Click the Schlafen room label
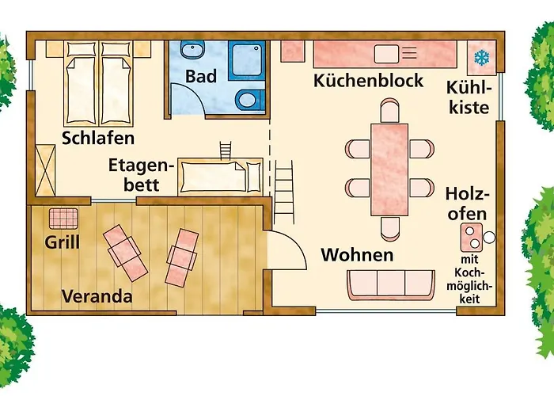coord(98,138)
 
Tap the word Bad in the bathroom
coord(201,77)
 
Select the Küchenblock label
coord(368,81)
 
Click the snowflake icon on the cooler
coord(480,57)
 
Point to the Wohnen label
coord(356,255)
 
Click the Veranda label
coord(97,298)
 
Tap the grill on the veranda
coord(62,217)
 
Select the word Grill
coord(62,242)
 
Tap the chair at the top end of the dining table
coord(389,108)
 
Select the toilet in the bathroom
coord(247,101)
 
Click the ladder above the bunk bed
coord(226,148)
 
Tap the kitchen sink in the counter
coord(386,53)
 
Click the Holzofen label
coord(466,204)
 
